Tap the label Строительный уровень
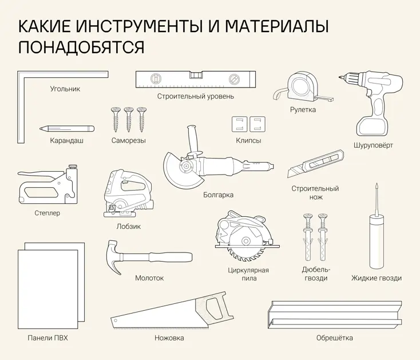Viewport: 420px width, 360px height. (x=196, y=96)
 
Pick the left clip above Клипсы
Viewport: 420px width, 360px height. (x=239, y=124)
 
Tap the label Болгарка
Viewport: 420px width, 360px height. (x=218, y=195)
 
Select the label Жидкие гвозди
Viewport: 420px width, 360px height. (x=376, y=278)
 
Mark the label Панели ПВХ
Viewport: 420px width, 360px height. (x=47, y=338)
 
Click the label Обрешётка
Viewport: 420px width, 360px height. (x=334, y=338)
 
